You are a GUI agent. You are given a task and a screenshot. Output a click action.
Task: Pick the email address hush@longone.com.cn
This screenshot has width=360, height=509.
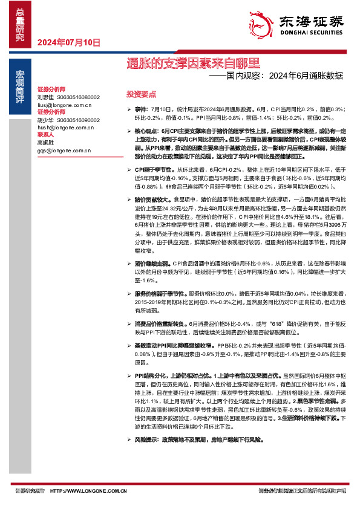(x=66, y=128)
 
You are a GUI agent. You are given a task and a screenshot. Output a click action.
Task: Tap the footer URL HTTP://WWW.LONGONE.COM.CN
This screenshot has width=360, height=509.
(x=88, y=491)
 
